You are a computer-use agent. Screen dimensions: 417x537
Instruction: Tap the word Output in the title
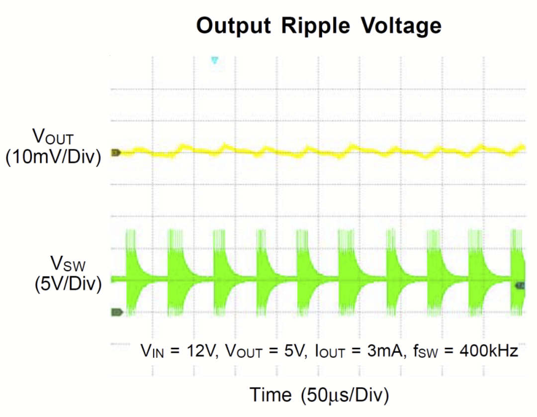pos(234,25)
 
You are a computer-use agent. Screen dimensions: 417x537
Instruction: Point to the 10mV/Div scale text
pos(54,156)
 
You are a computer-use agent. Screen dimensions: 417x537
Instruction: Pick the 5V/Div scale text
pos(68,284)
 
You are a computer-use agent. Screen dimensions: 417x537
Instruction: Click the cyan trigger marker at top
pos(215,60)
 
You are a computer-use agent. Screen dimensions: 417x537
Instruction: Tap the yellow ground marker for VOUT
pos(116,153)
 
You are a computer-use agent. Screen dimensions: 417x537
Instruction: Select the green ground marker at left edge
pos(117,312)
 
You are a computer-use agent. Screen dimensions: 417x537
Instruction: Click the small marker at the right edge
pos(520,285)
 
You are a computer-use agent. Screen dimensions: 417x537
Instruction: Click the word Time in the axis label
pos(270,395)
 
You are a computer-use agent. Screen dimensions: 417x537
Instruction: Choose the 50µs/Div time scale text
pos(345,395)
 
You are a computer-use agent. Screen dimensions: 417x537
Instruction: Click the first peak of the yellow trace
pos(184,146)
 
